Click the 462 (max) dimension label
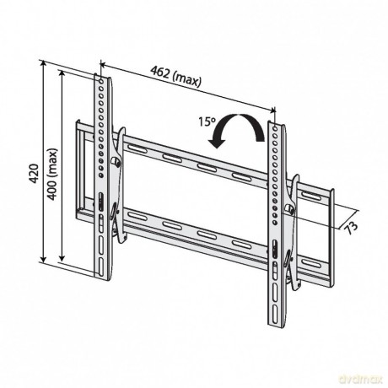[x=176, y=77]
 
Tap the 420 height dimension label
[x=34, y=173]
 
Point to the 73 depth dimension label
[x=351, y=227]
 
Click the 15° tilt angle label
[x=207, y=121]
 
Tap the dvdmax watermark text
[x=361, y=380]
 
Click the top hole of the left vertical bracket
[x=101, y=81]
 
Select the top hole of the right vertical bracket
[x=275, y=129]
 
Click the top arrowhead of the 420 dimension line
[x=43, y=62]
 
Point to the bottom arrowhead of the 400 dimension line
[x=62, y=258]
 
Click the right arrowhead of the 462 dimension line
[x=272, y=110]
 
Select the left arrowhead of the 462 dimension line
[x=103, y=65]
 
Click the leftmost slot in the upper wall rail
[x=137, y=148]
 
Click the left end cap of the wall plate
[x=80, y=170]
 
